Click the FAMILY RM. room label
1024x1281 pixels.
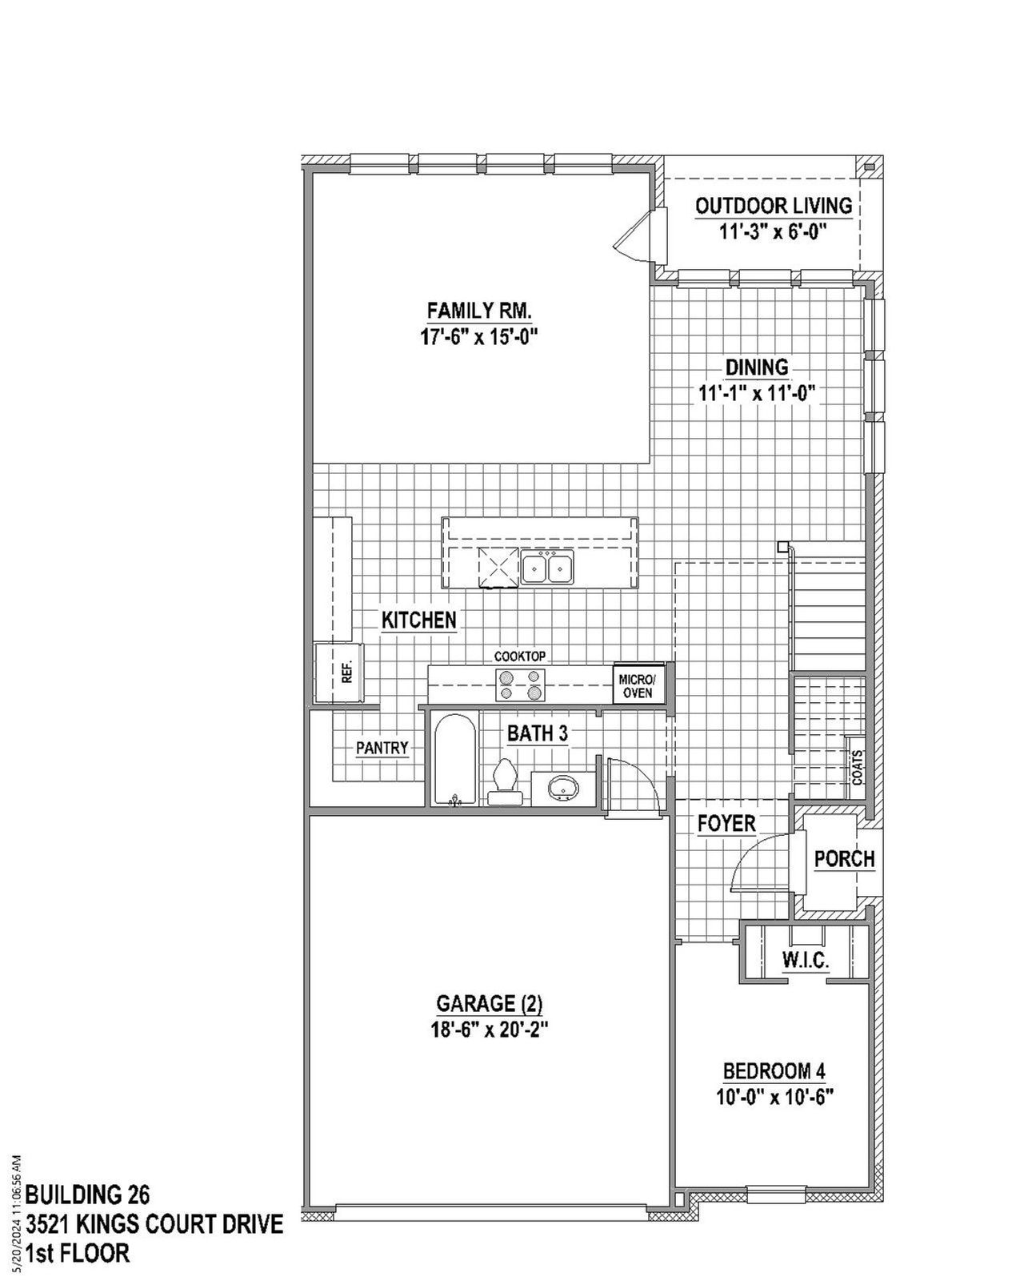(479, 310)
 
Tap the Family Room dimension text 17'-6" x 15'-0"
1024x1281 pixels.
(479, 337)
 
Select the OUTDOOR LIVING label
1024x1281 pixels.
(773, 206)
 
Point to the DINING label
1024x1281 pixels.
(756, 367)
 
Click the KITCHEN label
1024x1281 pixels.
(418, 620)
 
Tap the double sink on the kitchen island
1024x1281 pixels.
(547, 568)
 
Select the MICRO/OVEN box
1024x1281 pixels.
(638, 686)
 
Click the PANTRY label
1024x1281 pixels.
(382, 748)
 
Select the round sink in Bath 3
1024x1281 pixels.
(564, 787)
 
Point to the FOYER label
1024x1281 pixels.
(726, 823)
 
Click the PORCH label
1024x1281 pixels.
(844, 859)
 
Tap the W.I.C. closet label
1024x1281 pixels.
(805, 960)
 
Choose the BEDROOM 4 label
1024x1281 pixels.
(774, 1071)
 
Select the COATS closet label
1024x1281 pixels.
(857, 766)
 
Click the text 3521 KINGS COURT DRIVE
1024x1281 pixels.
(154, 1224)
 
